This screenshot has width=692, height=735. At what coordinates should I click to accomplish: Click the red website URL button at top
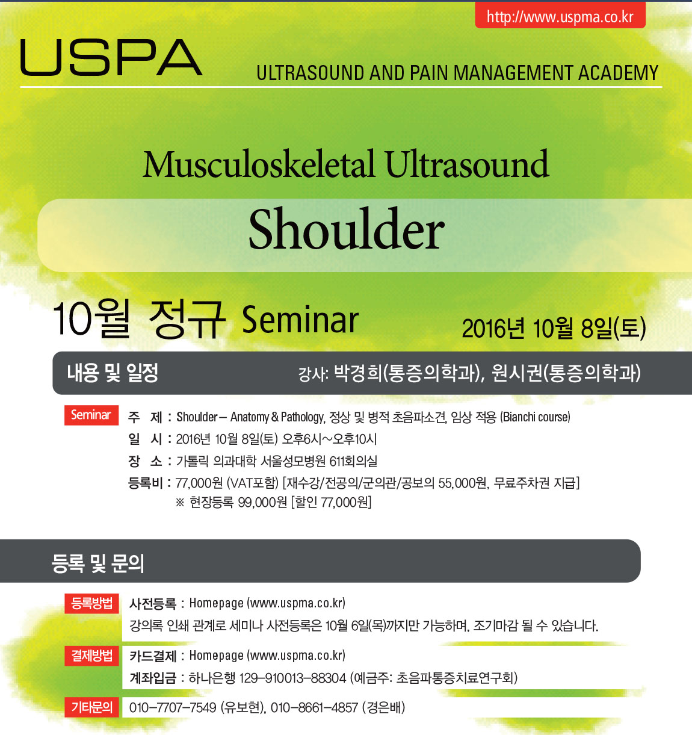pyautogui.click(x=560, y=15)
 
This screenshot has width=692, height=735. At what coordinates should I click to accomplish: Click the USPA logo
pyautogui.click(x=111, y=57)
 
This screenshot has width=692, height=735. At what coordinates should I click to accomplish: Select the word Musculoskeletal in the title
pyautogui.click(x=258, y=164)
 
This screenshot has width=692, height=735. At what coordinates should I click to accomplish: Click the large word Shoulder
pyautogui.click(x=346, y=229)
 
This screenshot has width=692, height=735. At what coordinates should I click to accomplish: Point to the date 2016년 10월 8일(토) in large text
pyautogui.click(x=554, y=328)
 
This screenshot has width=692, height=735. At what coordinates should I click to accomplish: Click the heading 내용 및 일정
pyautogui.click(x=113, y=372)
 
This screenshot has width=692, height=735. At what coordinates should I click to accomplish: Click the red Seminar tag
pyautogui.click(x=91, y=415)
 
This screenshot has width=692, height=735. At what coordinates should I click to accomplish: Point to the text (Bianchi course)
pyautogui.click(x=535, y=417)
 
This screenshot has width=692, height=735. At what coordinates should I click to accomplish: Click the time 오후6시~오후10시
pyautogui.click(x=329, y=439)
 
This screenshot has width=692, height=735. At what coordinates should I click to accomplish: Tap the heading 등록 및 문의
pyautogui.click(x=98, y=563)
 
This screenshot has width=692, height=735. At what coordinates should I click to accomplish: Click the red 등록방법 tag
pyautogui.click(x=91, y=603)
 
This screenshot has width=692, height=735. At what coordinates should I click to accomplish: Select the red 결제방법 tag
pyautogui.click(x=91, y=656)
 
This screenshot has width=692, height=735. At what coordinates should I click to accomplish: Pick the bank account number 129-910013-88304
pyautogui.click(x=292, y=678)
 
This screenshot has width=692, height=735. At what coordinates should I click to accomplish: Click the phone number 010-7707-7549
pyautogui.click(x=173, y=708)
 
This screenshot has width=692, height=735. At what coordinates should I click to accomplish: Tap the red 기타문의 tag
pyautogui.click(x=91, y=707)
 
